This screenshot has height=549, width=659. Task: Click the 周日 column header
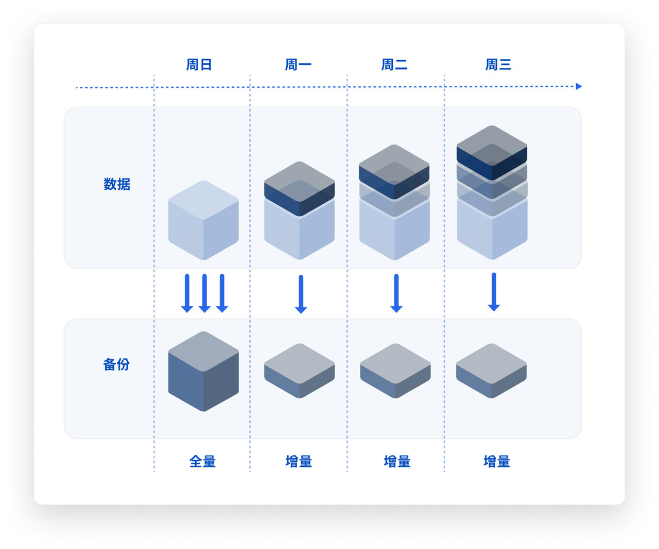(x=199, y=65)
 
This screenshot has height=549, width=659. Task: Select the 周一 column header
(x=298, y=65)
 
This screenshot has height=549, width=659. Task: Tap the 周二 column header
(x=394, y=65)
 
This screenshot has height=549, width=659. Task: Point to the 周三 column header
(x=498, y=65)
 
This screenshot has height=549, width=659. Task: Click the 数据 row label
(x=117, y=184)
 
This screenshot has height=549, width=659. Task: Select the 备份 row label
(x=116, y=364)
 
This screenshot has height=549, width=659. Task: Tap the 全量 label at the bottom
(x=202, y=462)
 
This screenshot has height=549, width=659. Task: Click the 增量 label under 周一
(x=299, y=462)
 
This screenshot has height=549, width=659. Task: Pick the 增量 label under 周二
(x=397, y=462)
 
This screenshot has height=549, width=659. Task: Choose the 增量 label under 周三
(x=497, y=462)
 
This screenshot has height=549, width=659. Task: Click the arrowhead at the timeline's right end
(x=579, y=86)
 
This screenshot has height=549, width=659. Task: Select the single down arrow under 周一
(x=301, y=294)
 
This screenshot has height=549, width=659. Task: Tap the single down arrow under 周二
(x=396, y=293)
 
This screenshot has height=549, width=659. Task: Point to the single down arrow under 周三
(x=494, y=292)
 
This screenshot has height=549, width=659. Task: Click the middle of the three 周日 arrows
(x=204, y=293)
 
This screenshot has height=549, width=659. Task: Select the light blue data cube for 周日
(x=203, y=220)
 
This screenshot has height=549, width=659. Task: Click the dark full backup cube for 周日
(x=203, y=371)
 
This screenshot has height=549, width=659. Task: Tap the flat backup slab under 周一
(x=300, y=371)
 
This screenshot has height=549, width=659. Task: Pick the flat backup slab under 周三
(x=491, y=371)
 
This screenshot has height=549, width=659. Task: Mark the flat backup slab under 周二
(x=395, y=371)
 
